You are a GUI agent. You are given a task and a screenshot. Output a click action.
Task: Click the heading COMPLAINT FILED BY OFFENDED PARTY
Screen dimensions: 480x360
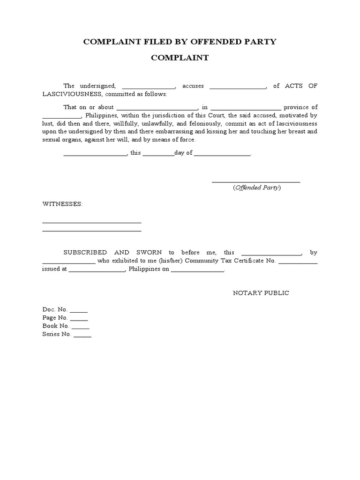click(180, 42)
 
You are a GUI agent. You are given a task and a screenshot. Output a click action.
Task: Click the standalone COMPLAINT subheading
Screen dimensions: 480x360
click(180, 58)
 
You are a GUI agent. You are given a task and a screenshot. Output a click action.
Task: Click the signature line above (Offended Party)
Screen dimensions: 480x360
click(256, 181)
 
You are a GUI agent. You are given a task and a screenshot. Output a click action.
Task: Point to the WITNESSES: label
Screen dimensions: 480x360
click(62, 204)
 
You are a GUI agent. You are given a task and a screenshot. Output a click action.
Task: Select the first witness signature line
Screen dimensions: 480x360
click(92, 223)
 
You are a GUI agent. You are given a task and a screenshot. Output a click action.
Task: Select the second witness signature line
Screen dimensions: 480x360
click(92, 231)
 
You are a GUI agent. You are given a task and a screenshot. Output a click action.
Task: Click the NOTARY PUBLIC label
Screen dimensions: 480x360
click(261, 293)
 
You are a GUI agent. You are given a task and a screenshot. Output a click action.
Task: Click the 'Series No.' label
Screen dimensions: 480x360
click(56, 334)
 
